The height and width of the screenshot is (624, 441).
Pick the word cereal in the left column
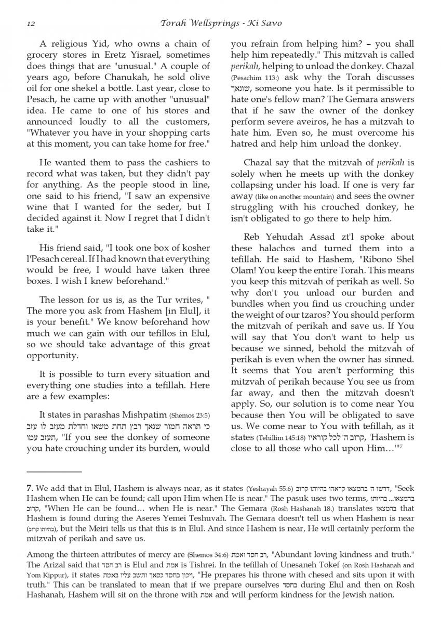[x=83, y=258]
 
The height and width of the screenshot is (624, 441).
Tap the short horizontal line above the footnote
[x=54, y=472]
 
